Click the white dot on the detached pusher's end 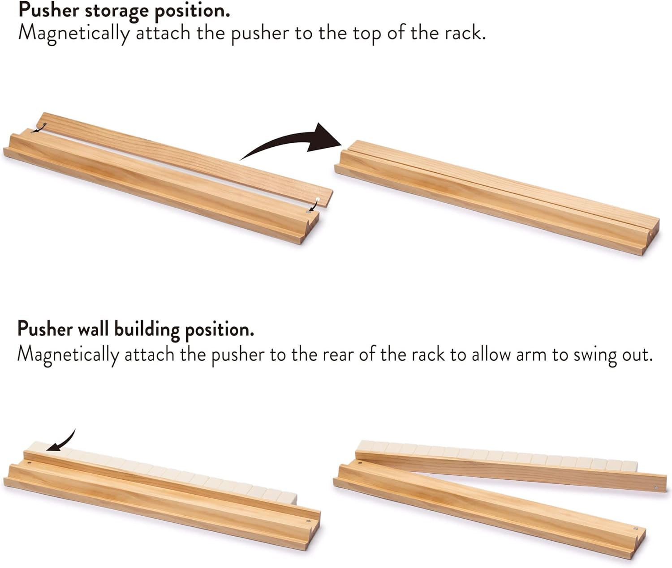click(x=318, y=199)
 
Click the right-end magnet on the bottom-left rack click(x=308, y=521)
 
